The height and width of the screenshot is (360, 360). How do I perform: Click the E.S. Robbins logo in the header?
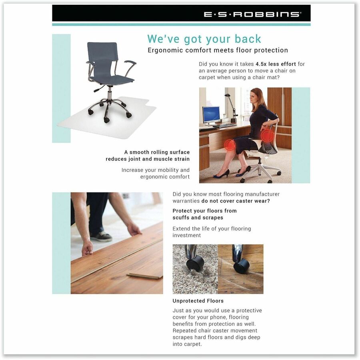pos(252,14)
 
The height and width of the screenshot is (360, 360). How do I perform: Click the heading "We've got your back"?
pos(204,39)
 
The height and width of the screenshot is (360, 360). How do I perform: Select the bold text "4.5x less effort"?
pos(276,64)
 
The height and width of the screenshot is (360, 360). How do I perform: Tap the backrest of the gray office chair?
pos(103,55)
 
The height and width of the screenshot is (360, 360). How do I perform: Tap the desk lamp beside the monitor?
pos(232,108)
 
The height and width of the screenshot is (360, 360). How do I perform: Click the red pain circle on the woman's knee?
pos(230,145)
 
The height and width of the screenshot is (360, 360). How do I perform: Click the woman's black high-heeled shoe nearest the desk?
pos(222,174)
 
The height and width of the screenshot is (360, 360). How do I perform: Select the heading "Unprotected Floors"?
pos(198,301)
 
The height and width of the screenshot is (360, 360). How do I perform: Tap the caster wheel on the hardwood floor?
pos(241,266)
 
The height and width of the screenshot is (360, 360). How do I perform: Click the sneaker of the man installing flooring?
pos(101,236)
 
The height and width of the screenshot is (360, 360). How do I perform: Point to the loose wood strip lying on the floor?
pos(144,276)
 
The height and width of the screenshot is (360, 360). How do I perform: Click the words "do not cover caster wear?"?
pos(236,201)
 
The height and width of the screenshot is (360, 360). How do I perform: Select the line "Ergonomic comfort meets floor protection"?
pos(218,50)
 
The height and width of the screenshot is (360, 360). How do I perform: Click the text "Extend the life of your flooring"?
pos(212,229)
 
